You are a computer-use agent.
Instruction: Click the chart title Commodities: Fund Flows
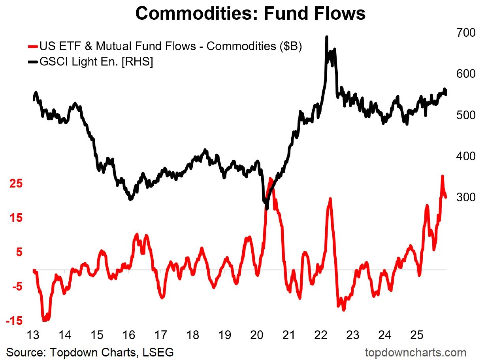250,13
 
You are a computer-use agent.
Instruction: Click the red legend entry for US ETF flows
170,46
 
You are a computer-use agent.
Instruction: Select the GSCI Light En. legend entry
95,62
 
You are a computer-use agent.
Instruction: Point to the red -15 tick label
14,321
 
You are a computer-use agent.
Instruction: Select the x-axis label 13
32,335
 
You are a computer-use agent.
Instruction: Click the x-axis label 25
418,335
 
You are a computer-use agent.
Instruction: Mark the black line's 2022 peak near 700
327,37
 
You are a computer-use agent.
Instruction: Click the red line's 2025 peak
442,176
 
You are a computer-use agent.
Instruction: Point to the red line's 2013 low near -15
44,320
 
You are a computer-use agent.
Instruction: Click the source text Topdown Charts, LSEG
90,352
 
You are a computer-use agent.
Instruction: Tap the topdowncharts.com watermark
416,352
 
